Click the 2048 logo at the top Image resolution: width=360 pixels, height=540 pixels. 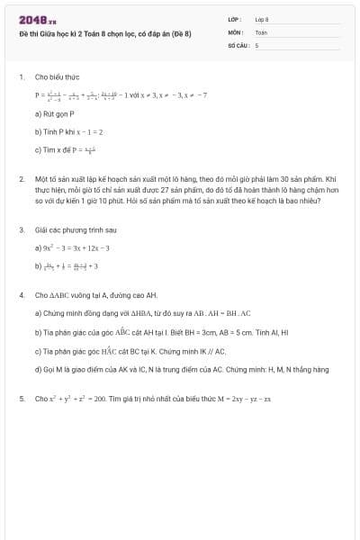pos(36,19)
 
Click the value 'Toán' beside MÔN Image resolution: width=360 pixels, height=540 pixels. pos(261,31)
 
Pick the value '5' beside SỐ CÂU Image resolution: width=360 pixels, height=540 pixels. pos(256,43)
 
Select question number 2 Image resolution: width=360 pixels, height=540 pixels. pos(21,180)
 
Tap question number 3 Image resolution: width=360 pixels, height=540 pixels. pos(21,229)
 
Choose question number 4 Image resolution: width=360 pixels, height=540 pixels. pos(21,294)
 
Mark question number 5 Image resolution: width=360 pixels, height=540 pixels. pos(21,398)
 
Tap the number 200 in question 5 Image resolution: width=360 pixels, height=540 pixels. pos(101,398)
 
